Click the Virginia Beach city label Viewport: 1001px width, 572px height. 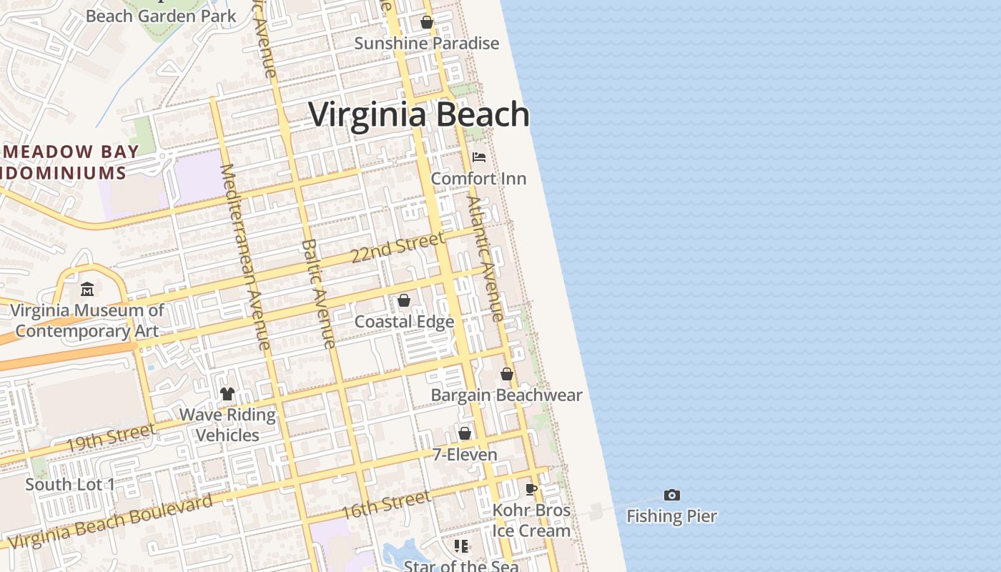(419, 114)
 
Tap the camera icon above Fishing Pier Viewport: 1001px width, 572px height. (671, 495)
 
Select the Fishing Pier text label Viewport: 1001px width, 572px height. (671, 516)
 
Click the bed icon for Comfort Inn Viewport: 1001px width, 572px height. (479, 157)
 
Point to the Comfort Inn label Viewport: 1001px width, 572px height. (478, 179)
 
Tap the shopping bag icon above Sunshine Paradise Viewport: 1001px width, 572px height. (427, 22)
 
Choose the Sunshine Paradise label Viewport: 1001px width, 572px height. (427, 44)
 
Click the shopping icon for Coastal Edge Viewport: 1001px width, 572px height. (404, 300)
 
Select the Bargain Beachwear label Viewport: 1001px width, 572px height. (506, 395)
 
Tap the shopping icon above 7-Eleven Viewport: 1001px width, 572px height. (465, 433)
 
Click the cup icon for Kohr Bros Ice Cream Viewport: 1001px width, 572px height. (531, 489)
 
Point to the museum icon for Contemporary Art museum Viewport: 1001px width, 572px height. (87, 289)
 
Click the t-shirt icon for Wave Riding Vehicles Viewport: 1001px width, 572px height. (227, 393)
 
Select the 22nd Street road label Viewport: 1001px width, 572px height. (398, 247)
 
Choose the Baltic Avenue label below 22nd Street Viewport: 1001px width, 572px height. (318, 293)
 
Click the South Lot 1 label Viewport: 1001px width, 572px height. (70, 485)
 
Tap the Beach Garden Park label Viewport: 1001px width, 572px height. (161, 15)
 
